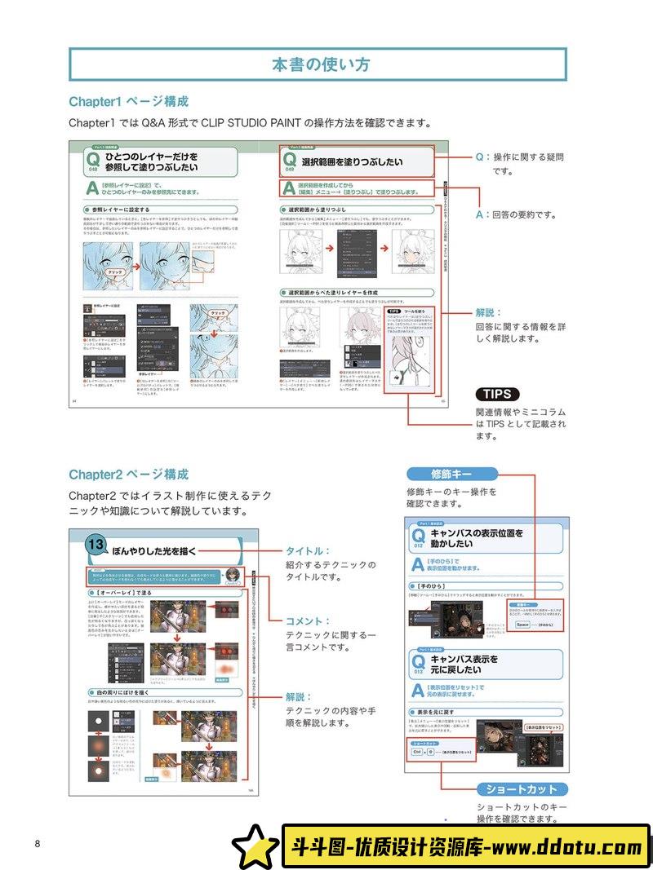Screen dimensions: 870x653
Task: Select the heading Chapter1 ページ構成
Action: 128,102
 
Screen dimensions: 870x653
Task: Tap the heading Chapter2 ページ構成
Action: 128,475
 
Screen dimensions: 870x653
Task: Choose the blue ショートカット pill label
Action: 522,789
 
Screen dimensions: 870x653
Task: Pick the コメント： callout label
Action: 306,621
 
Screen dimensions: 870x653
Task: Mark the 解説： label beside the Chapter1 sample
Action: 489,312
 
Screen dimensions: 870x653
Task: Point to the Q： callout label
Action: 482,157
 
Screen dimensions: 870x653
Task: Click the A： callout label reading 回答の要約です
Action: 482,215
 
